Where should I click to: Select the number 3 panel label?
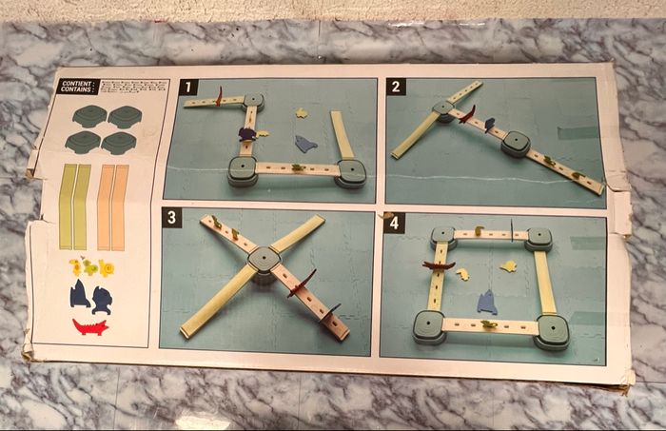point(171,218)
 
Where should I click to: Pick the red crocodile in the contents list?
point(90,327)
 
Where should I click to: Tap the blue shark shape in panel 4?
point(487,304)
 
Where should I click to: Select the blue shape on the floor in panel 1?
point(304,145)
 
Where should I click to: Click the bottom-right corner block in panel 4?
point(551,330)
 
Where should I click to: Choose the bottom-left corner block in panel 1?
point(243,170)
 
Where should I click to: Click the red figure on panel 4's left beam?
point(439,265)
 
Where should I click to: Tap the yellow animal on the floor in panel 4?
point(462,275)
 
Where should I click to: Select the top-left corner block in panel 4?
point(442,236)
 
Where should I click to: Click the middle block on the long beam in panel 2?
point(516,143)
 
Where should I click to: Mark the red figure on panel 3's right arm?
point(303,284)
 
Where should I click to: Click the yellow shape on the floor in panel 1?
point(302,113)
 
